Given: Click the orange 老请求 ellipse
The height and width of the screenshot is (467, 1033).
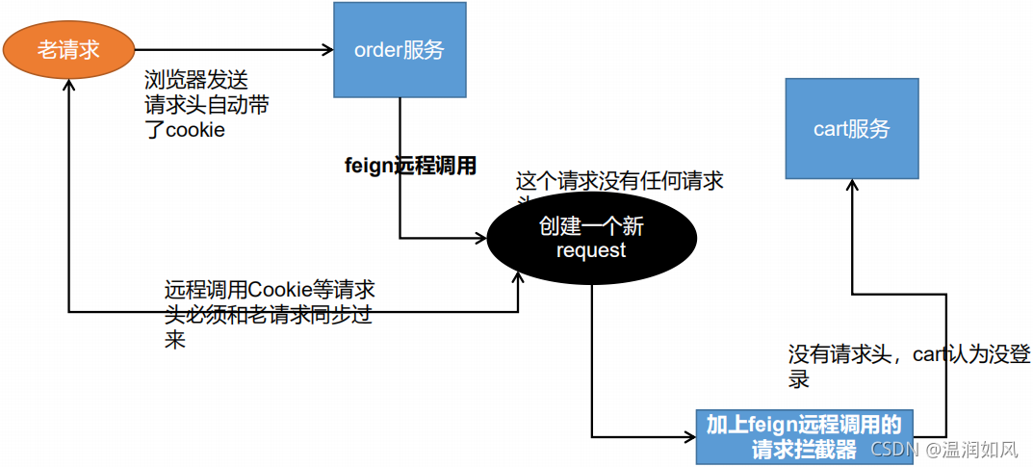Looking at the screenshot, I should click(68, 50).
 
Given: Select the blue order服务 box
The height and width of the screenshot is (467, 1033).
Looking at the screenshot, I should click(400, 50).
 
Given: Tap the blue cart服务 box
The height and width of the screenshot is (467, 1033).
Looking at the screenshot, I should click(852, 129).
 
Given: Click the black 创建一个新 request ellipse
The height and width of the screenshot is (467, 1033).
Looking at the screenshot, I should click(591, 239).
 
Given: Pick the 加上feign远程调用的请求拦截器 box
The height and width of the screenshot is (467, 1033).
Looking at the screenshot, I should click(804, 436).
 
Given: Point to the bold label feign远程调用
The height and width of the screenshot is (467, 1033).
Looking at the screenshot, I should click(411, 166).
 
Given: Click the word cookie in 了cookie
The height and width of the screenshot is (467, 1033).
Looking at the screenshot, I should click(195, 130).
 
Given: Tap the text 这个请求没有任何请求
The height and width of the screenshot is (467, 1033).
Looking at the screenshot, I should click(620, 181).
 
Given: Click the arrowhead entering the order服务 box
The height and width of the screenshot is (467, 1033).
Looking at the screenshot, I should click(326, 50).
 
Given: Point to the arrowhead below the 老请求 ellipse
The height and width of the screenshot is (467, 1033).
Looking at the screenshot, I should click(68, 86).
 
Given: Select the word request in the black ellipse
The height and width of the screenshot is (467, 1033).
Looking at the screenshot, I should click(591, 251).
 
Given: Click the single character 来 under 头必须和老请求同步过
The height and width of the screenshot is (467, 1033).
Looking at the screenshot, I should click(175, 340).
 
